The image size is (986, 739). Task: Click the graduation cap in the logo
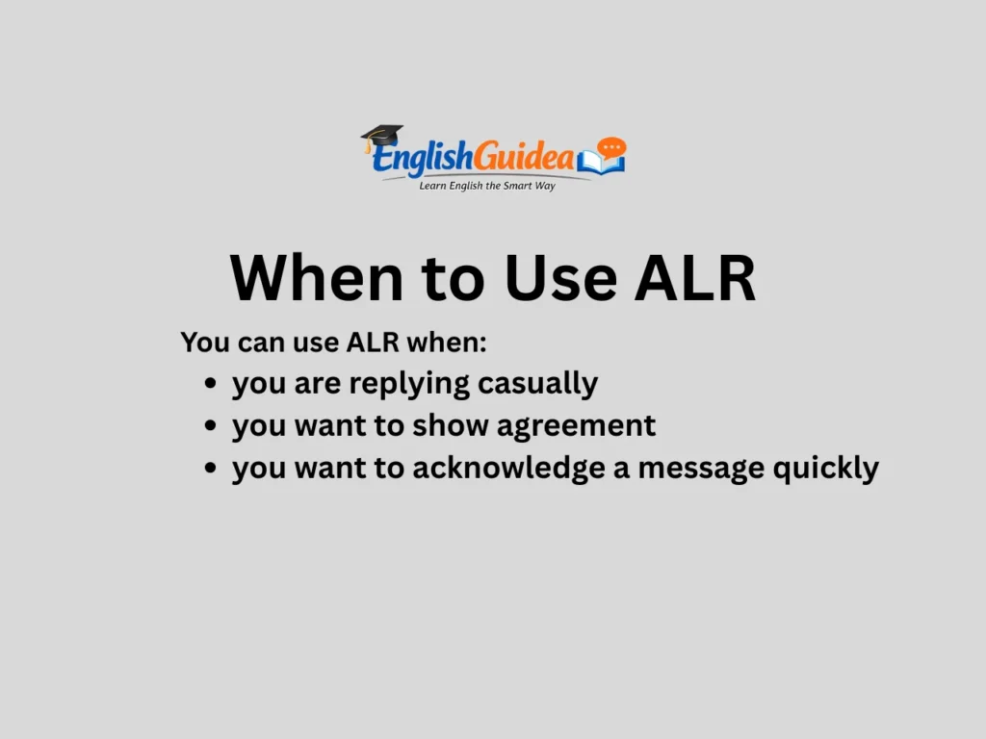(382, 137)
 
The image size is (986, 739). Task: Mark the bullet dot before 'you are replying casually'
(210, 384)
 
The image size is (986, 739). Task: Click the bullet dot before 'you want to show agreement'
(210, 426)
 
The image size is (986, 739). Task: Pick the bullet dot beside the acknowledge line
(210, 469)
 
